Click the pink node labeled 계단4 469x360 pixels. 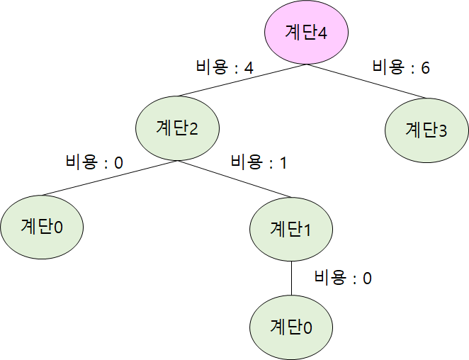[306, 33]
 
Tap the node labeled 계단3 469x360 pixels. [426, 130]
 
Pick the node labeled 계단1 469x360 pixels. [292, 228]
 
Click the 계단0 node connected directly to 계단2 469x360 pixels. [42, 227]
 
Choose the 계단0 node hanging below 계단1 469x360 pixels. [292, 327]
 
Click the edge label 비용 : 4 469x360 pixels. [225, 68]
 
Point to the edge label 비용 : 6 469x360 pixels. [401, 68]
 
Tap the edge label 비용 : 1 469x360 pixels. [259, 162]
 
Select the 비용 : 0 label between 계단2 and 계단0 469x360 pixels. [94, 162]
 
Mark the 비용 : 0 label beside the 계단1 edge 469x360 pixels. [343, 278]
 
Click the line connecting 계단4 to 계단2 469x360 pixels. [241, 81]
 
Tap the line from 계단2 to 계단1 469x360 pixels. [234, 179]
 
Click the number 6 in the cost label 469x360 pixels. [424, 68]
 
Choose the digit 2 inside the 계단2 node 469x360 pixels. [193, 129]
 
